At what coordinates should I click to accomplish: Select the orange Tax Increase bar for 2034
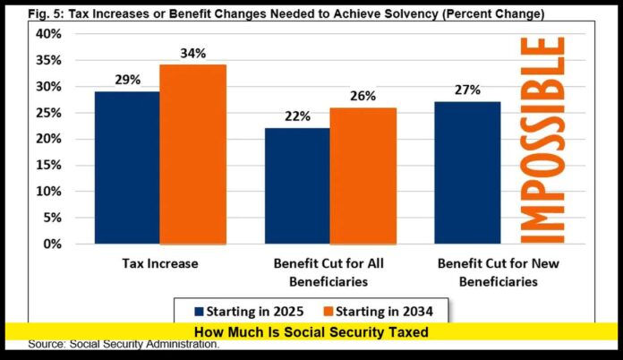[x=192, y=154]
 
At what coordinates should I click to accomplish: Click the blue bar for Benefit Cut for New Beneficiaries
[x=467, y=172]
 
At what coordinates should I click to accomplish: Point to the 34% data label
[x=192, y=53]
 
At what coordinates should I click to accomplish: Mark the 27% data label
[x=467, y=90]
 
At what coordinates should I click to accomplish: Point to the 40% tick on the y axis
[x=49, y=34]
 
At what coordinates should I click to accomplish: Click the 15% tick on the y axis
[x=49, y=165]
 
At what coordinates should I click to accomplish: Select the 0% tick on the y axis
[x=52, y=244]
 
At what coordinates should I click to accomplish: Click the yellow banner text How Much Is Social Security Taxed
[x=311, y=332]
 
